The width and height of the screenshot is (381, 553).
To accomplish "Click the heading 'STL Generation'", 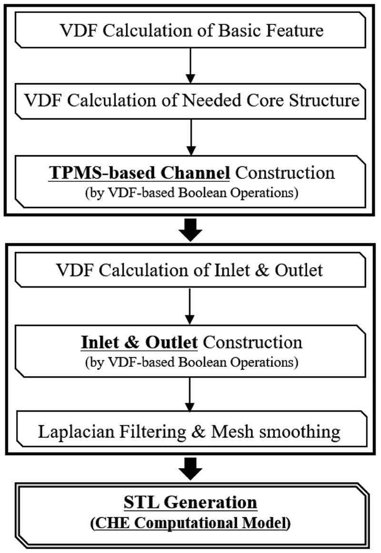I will click(x=190, y=502).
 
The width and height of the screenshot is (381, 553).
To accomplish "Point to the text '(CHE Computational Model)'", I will click(x=190, y=523).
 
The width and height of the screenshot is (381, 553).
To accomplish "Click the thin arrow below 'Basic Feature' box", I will click(x=190, y=65).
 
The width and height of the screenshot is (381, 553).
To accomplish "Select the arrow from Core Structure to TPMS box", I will click(x=190, y=136).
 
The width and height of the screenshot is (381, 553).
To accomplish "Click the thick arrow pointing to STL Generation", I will click(x=190, y=468).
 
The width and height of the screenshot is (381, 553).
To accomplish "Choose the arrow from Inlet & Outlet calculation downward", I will click(x=190, y=305).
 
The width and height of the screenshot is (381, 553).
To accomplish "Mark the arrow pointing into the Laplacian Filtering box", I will click(x=190, y=394).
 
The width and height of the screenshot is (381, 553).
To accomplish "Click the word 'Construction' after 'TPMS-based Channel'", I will click(x=285, y=172).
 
